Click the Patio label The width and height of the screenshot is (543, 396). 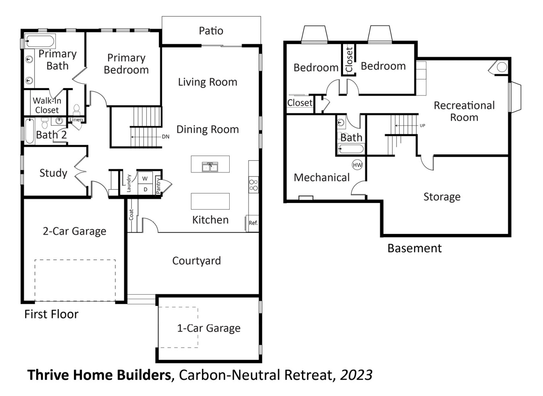[x=211, y=31]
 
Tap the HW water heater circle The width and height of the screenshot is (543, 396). [x=357, y=165]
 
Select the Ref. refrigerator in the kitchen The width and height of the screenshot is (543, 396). [x=253, y=223]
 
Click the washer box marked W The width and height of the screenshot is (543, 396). [x=145, y=178]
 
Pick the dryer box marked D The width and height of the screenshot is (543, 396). [x=145, y=189]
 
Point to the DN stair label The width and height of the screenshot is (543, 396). [x=166, y=137]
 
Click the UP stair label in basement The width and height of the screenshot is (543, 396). [x=422, y=125]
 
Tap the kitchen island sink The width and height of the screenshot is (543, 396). [x=210, y=166]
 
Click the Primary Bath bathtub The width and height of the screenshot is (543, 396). [x=39, y=41]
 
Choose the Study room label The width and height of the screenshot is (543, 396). [x=53, y=173]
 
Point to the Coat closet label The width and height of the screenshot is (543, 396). [x=131, y=215]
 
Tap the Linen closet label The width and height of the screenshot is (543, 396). [x=76, y=119]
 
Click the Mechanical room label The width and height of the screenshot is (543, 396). [x=321, y=177]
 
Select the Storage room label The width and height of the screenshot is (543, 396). [x=442, y=197]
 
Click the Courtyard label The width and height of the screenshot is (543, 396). [x=196, y=261]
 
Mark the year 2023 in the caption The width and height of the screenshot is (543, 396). [x=356, y=375]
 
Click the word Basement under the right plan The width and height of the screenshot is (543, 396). [x=414, y=248]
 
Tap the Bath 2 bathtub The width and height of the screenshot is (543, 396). [x=30, y=131]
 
